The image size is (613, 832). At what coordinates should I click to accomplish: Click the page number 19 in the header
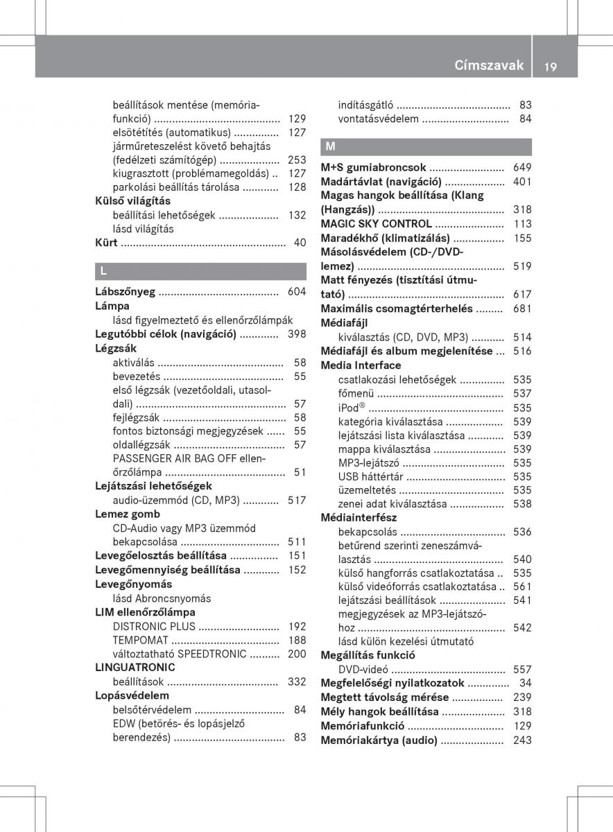[x=551, y=66]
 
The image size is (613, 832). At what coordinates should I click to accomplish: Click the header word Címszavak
[x=489, y=66]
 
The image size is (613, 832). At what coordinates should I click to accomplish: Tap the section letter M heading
[x=329, y=147]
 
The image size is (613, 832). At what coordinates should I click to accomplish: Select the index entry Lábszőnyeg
[x=125, y=292]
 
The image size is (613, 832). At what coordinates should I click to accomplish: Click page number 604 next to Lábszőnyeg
[x=297, y=292]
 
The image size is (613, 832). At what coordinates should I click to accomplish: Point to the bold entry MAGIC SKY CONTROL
[x=376, y=224]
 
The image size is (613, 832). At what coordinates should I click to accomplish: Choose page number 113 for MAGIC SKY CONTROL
[x=522, y=224]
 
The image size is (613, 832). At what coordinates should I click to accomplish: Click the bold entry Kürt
[x=106, y=243]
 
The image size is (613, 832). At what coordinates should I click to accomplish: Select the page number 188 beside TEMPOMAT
[x=297, y=640]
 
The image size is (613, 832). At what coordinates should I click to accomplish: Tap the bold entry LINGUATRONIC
[x=135, y=667]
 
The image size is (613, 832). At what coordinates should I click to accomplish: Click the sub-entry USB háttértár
[x=370, y=476]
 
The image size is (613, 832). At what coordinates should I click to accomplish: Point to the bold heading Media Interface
[x=361, y=365]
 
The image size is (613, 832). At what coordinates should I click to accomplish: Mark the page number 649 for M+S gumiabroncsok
[x=522, y=168]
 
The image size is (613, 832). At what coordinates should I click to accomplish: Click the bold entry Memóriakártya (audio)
[x=379, y=740]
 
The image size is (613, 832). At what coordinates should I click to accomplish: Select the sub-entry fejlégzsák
[x=137, y=417]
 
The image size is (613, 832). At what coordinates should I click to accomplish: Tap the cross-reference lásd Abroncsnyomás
[x=162, y=598]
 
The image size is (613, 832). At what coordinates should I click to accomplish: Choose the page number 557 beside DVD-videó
[x=522, y=670]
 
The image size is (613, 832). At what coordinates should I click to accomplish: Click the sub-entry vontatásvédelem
[x=379, y=119]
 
